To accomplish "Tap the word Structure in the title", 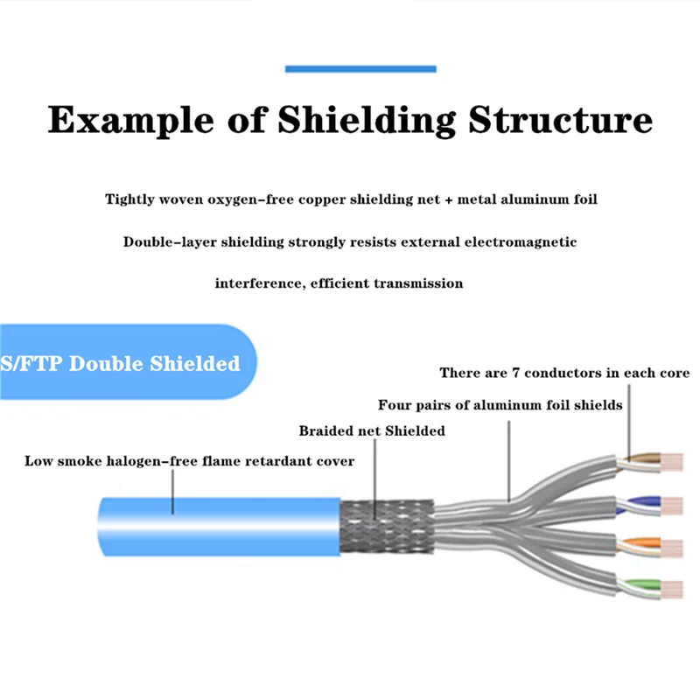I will click(x=560, y=120).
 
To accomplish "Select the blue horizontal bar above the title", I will click(x=360, y=68).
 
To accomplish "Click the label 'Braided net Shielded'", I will click(x=372, y=430).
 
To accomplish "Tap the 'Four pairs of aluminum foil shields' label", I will click(x=500, y=405).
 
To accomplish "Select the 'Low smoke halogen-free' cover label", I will click(x=189, y=460).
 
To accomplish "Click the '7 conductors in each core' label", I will click(x=564, y=373).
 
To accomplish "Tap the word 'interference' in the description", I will click(x=255, y=283).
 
